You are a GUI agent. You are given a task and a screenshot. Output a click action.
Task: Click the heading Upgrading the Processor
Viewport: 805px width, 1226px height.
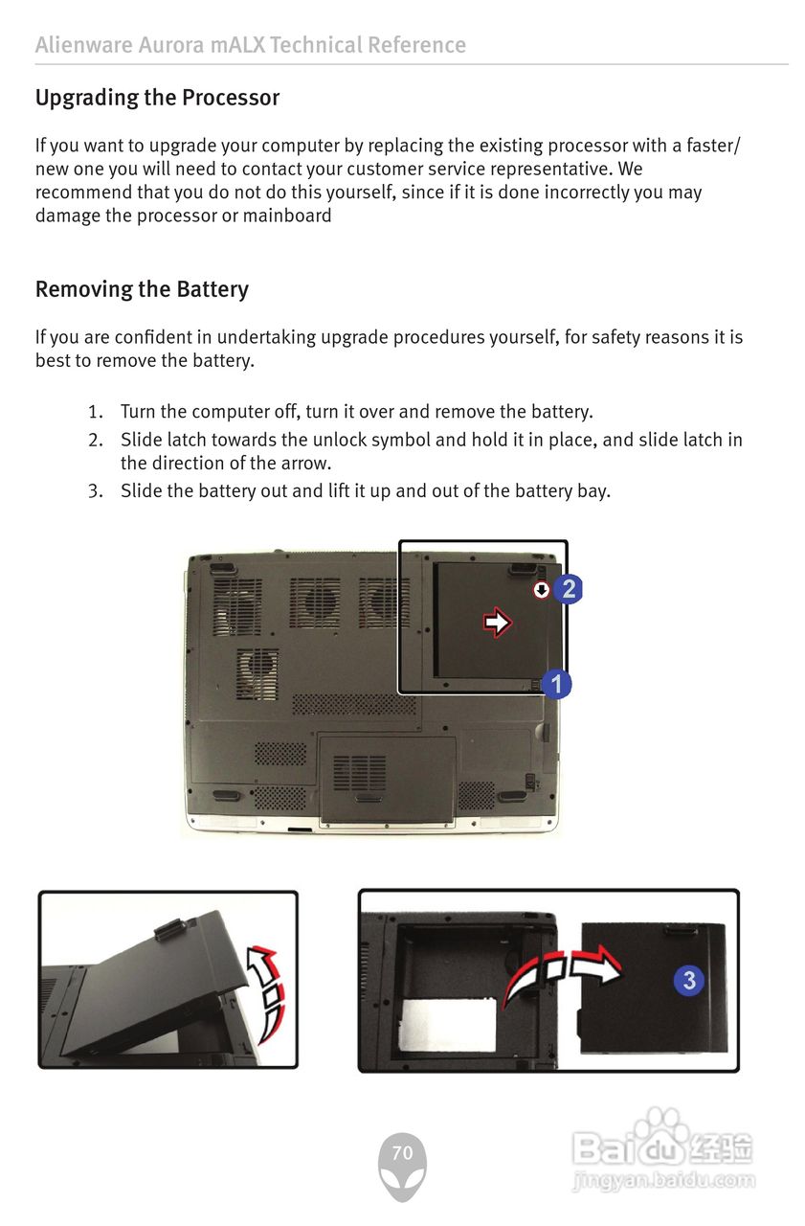tap(157, 98)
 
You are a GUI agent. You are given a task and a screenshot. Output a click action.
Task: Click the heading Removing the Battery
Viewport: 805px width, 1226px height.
tap(142, 289)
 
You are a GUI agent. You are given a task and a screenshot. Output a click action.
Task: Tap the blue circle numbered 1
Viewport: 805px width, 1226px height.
tap(556, 684)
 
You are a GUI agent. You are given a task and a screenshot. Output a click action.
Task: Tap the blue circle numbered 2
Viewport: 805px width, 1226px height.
tap(569, 589)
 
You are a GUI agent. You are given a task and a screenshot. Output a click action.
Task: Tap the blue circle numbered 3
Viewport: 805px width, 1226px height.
tap(689, 980)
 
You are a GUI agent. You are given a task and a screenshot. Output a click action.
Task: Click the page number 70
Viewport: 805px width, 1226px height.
tap(402, 1153)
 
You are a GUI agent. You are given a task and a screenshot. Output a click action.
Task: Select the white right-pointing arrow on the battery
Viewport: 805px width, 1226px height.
tap(497, 623)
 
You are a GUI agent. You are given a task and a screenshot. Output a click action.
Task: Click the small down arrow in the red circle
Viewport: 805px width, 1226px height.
tap(542, 590)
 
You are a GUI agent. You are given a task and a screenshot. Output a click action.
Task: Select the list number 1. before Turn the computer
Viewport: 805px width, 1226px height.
tap(95, 412)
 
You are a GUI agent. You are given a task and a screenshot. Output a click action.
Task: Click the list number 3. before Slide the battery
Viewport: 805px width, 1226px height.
tap(95, 491)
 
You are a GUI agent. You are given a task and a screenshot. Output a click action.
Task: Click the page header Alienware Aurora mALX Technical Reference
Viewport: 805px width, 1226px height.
tap(250, 45)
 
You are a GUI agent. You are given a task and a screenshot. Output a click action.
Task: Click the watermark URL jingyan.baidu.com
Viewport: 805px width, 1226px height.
tap(664, 1181)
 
